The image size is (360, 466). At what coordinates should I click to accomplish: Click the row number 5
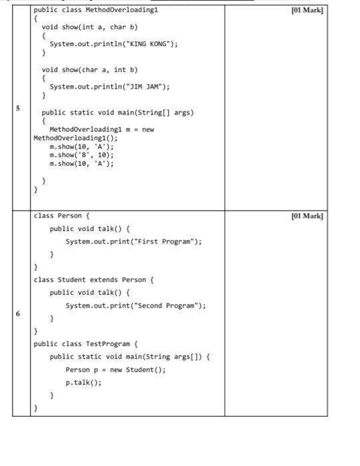tap(18, 108)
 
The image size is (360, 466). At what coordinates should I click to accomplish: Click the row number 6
tap(18, 314)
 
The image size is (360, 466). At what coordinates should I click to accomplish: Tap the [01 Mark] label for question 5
tap(307, 10)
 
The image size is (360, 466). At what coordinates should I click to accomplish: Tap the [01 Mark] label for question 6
tap(307, 216)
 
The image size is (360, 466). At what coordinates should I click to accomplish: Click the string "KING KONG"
tap(150, 44)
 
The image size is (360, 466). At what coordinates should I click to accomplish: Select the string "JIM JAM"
tap(146, 87)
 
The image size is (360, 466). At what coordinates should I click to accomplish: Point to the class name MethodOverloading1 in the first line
tap(122, 10)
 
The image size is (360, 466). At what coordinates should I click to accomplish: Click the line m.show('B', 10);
tap(82, 155)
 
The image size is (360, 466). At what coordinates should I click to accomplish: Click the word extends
tap(104, 280)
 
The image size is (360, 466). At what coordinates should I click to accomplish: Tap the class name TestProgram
tap(108, 344)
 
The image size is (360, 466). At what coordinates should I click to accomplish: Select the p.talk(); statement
tap(83, 383)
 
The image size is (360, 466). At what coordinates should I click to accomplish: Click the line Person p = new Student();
tap(116, 369)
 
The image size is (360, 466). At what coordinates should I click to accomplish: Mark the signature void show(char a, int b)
tap(90, 70)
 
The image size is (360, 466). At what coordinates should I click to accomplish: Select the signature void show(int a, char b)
tap(90, 27)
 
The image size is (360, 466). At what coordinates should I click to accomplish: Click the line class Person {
tap(61, 216)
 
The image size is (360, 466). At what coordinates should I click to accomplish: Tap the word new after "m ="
tap(148, 130)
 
